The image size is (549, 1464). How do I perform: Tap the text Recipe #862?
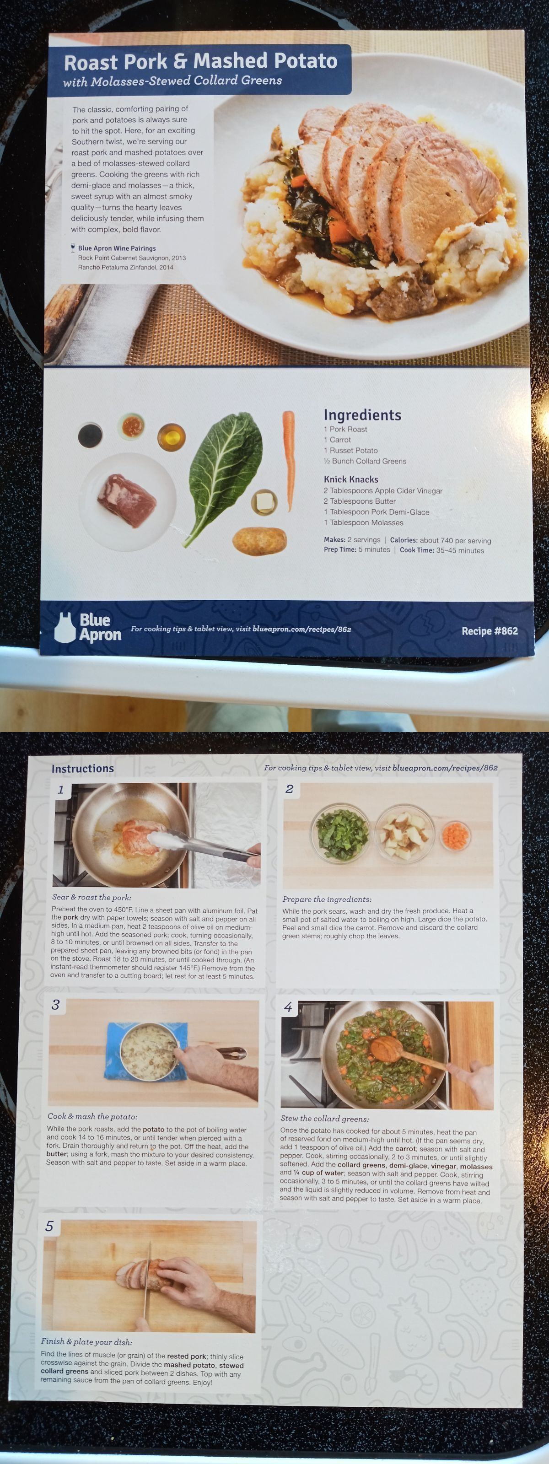coord(490,631)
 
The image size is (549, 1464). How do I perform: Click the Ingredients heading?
coord(362,415)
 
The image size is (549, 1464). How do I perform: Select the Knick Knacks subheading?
coord(350,479)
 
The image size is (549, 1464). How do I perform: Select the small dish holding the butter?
coord(264,502)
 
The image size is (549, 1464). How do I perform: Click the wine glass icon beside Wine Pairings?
coord(73,248)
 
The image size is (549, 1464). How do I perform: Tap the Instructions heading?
coord(82,769)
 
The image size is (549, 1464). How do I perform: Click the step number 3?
coord(55,1005)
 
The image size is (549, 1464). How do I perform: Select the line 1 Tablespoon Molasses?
coord(363,522)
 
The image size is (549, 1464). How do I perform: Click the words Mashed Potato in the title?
coord(265,61)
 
